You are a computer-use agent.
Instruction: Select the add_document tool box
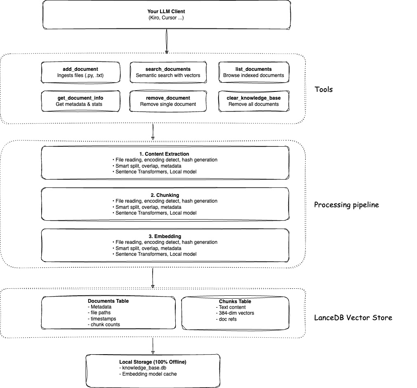(81, 72)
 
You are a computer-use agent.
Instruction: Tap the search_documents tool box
(168, 72)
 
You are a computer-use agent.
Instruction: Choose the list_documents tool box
(253, 72)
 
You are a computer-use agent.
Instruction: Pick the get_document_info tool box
(81, 101)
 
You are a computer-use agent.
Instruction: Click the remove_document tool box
(168, 101)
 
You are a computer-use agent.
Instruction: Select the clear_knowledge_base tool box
(253, 101)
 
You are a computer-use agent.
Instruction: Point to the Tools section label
(324, 89)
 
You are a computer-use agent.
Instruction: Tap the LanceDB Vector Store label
(353, 318)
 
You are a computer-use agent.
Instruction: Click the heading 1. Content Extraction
(165, 154)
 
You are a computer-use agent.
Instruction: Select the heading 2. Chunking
(165, 195)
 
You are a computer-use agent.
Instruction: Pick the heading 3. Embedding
(165, 236)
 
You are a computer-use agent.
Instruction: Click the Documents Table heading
(108, 301)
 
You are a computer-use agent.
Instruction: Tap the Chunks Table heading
(235, 302)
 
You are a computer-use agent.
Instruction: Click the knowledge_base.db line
(144, 368)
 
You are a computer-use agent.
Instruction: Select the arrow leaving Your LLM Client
(166, 41)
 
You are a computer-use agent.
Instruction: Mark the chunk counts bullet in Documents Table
(104, 325)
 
